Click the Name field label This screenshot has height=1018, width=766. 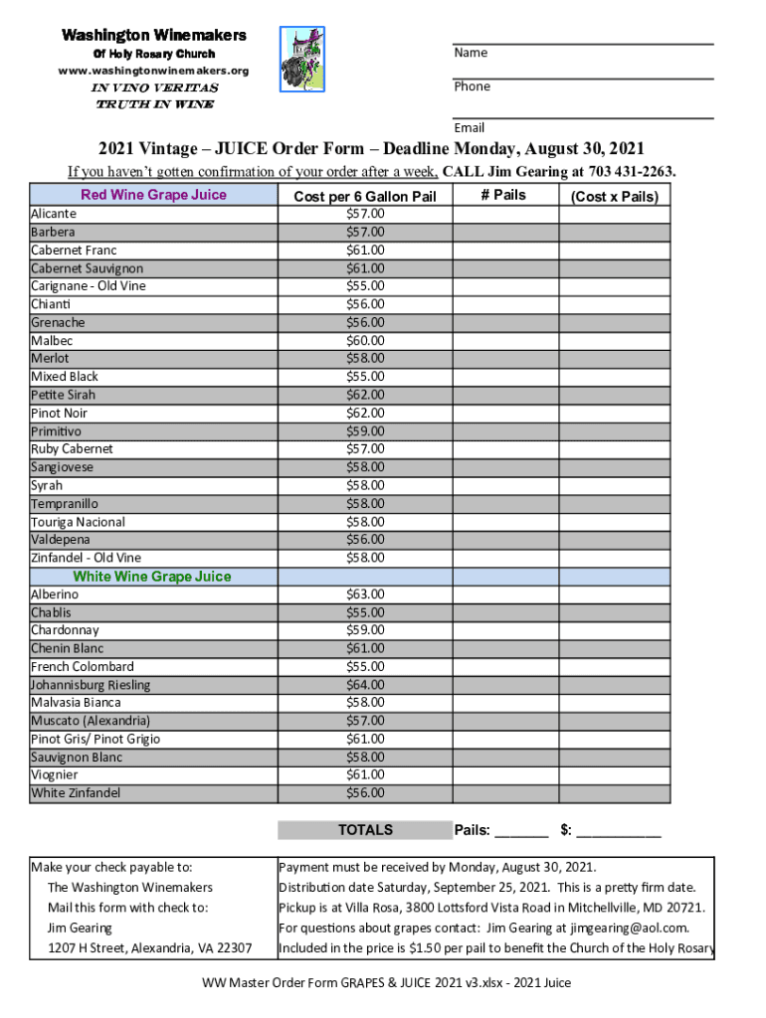pyautogui.click(x=471, y=53)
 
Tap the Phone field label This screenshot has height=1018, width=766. pyautogui.click(x=473, y=86)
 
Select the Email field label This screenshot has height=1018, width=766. pyautogui.click(x=470, y=127)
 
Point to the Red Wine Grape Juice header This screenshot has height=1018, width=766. pyautogui.click(x=153, y=195)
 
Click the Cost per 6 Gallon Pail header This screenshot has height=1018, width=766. pyautogui.click(x=365, y=197)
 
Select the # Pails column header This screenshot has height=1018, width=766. pyautogui.click(x=503, y=195)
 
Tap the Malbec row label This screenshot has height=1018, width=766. pyautogui.click(x=51, y=341)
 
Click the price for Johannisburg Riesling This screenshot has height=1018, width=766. pyautogui.click(x=365, y=685)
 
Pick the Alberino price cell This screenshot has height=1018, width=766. pyautogui.click(x=365, y=594)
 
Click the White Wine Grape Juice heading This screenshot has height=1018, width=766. pyautogui.click(x=152, y=577)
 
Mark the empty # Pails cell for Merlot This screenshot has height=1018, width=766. pyautogui.click(x=503, y=359)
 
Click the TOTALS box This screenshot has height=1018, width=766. pyautogui.click(x=365, y=830)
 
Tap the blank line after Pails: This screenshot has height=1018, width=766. pyautogui.click(x=521, y=832)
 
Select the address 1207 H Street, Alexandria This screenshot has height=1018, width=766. pyautogui.click(x=149, y=948)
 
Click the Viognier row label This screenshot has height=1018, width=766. pyautogui.click(x=55, y=774)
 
